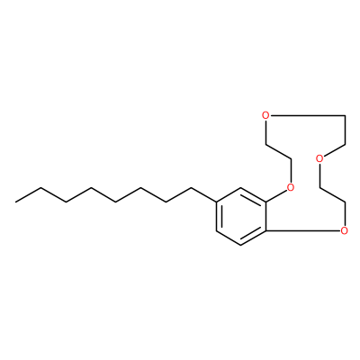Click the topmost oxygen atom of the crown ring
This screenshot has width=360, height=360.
[x=265, y=115]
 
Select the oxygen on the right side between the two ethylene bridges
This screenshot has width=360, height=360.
[x=319, y=158]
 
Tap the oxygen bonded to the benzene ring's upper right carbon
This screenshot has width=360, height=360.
[x=290, y=187]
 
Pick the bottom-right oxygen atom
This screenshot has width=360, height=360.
[x=345, y=230]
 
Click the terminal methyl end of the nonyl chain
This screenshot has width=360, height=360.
[x=16, y=202]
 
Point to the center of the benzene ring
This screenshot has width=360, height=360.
[x=241, y=217]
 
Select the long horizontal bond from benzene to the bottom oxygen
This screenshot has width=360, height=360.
[x=303, y=231]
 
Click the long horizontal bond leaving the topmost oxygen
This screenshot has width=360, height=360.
[x=307, y=115]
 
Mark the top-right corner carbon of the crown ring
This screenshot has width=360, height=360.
[x=346, y=115]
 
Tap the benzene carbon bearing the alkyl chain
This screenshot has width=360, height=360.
[x=216, y=202]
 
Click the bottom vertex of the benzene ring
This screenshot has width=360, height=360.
[x=241, y=246]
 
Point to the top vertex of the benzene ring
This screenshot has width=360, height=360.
[x=241, y=188]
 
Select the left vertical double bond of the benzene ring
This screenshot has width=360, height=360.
[x=218, y=217]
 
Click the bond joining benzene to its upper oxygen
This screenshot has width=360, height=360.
[x=276, y=195]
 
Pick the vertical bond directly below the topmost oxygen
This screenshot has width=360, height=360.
[x=265, y=131]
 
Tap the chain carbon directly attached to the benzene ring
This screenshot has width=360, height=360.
[x=191, y=188]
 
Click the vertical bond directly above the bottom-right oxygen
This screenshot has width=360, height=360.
[x=345, y=214]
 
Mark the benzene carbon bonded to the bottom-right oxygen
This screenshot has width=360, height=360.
[x=265, y=231]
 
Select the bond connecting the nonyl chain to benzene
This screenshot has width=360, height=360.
[x=203, y=195]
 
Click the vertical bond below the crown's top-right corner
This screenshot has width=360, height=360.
[x=346, y=130]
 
